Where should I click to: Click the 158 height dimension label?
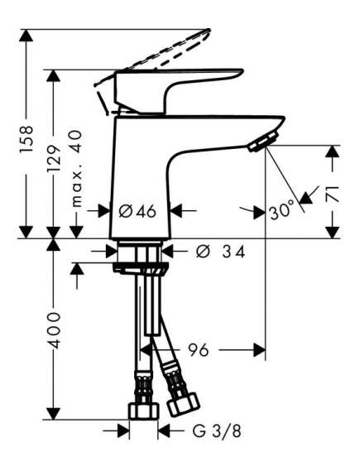tap(26, 139)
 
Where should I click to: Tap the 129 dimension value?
tap(54, 158)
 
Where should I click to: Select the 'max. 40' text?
tap(77, 169)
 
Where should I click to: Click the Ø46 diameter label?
tap(137, 211)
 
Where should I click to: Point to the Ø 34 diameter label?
tap(221, 252)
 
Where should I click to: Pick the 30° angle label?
tap(281, 211)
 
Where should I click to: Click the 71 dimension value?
tap(333, 194)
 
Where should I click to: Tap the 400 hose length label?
tap(55, 329)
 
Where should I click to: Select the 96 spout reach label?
tap(198, 350)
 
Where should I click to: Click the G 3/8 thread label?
tap(217, 431)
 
